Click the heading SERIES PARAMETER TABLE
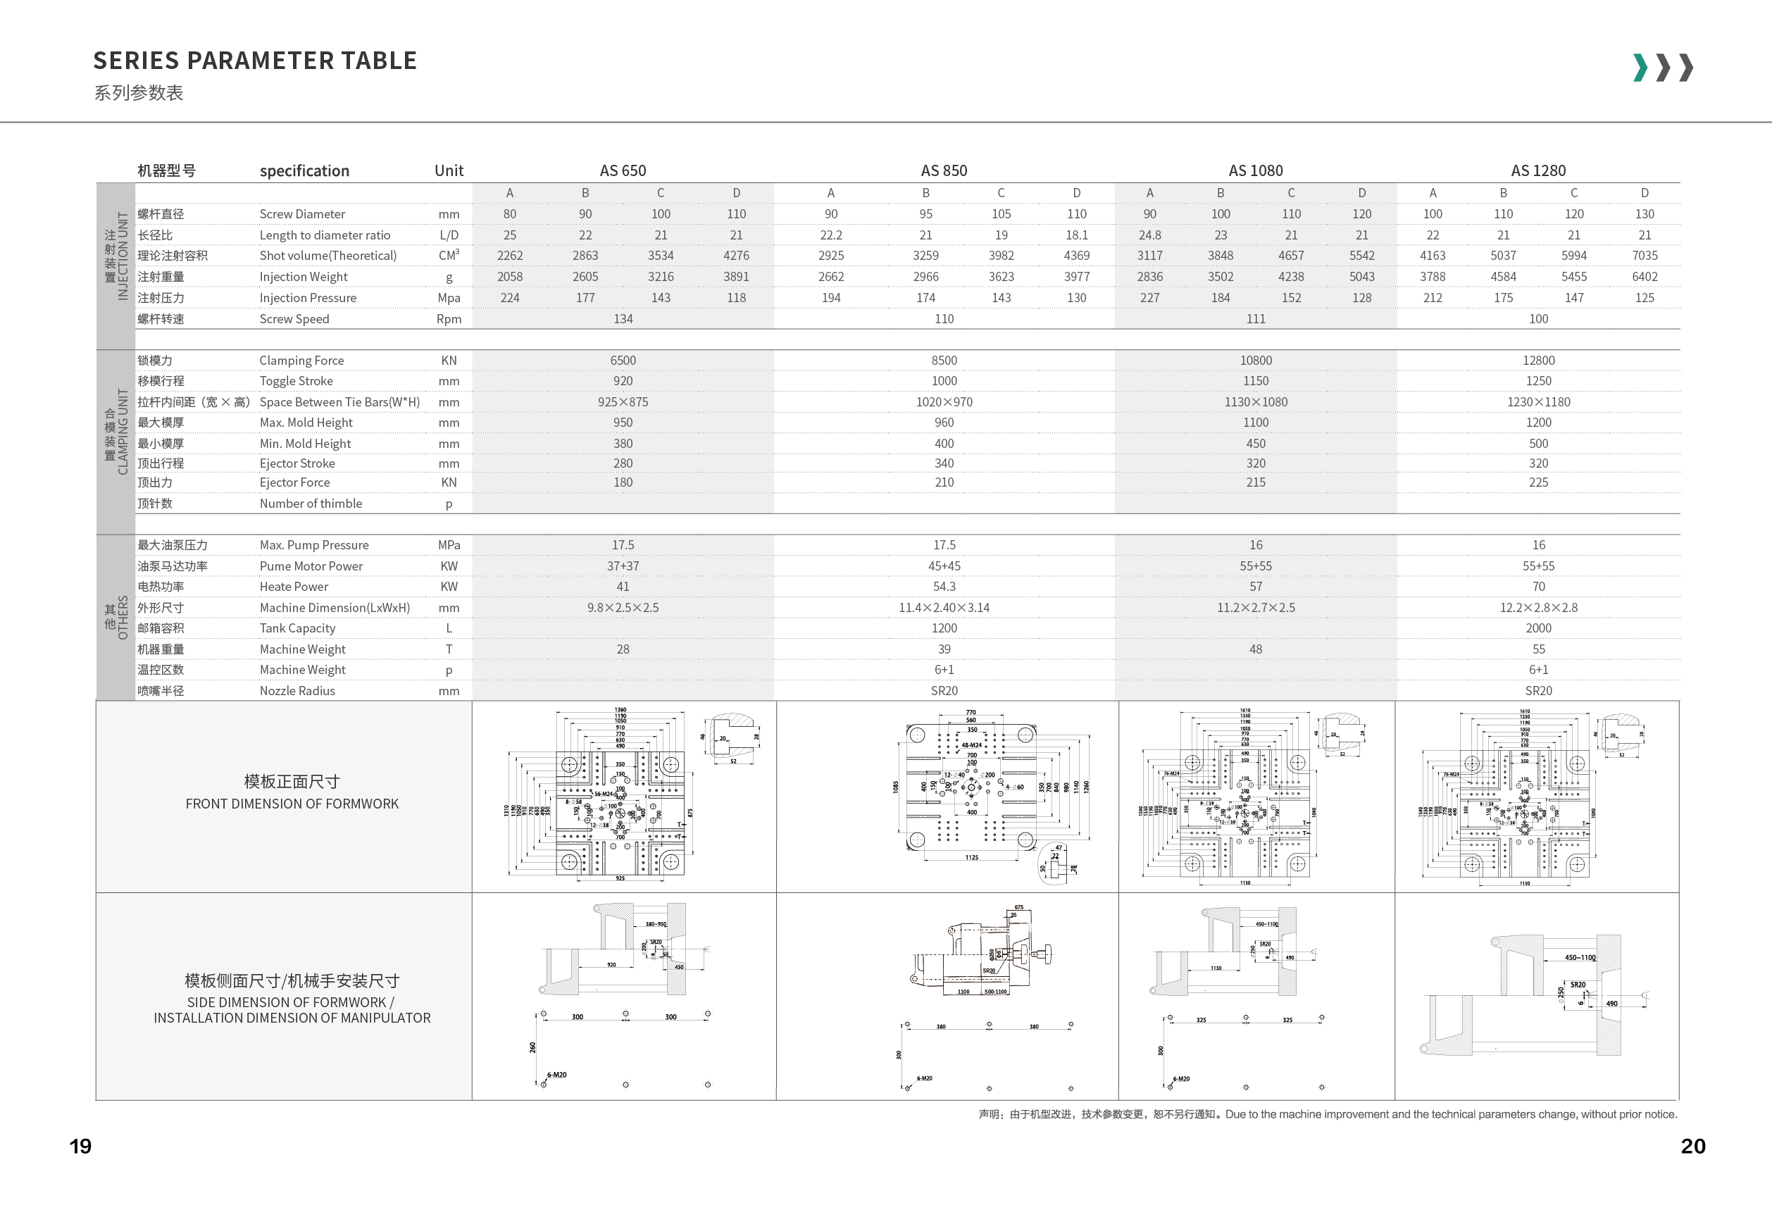coord(255,61)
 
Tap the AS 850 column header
coord(943,170)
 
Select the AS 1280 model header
coord(1538,170)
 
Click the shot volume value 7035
coord(1645,256)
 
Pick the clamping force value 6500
coord(622,360)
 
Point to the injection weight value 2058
coord(509,277)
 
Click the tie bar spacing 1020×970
coord(944,402)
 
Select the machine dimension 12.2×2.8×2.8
coord(1538,608)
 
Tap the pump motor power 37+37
coord(622,566)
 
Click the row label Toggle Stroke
coord(296,380)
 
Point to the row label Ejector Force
coord(294,482)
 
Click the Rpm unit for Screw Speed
coord(449,319)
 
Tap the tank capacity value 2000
coord(1538,628)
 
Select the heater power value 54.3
coord(944,586)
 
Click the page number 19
coord(80,1146)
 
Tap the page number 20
coord(1692,1146)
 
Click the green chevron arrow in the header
coord(1640,67)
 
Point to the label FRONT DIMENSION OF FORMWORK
coord(292,804)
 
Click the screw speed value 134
coord(622,319)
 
